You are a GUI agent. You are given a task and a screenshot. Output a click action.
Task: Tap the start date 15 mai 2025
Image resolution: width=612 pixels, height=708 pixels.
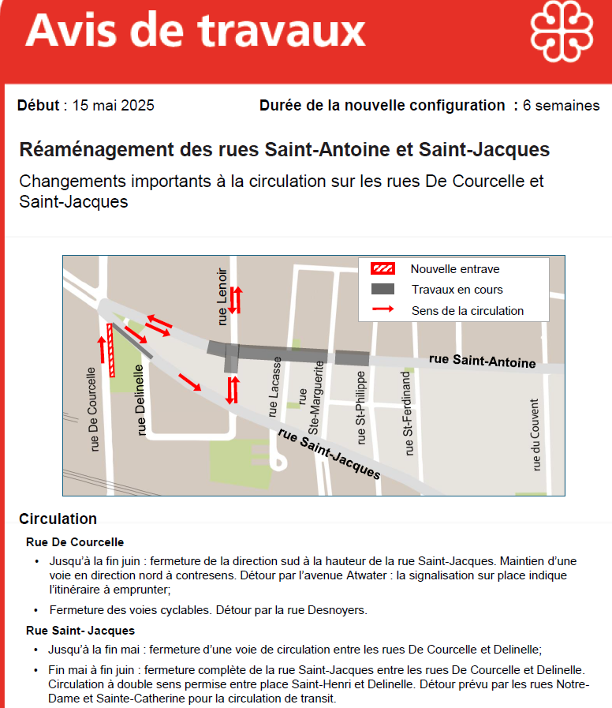pyautogui.click(x=113, y=106)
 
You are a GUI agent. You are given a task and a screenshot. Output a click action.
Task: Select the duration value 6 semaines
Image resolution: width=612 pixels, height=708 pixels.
pyautogui.click(x=561, y=106)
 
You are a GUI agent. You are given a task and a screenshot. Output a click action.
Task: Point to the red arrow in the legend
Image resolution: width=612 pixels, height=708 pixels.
pyautogui.click(x=382, y=310)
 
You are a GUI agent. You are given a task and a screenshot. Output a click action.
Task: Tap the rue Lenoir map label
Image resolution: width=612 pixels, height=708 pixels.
pyautogui.click(x=223, y=296)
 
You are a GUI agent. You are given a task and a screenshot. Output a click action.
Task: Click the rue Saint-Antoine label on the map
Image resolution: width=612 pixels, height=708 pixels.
pyautogui.click(x=482, y=361)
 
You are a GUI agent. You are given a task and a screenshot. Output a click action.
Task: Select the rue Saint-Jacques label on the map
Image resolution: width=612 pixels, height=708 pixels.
pyautogui.click(x=329, y=453)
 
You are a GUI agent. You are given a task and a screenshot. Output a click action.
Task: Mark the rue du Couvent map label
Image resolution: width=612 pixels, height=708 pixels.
pyautogui.click(x=535, y=434)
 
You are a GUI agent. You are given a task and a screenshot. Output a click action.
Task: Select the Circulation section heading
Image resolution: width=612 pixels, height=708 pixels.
pyautogui.click(x=58, y=519)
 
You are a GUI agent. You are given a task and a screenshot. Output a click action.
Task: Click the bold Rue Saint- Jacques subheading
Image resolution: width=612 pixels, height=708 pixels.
pyautogui.click(x=80, y=631)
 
